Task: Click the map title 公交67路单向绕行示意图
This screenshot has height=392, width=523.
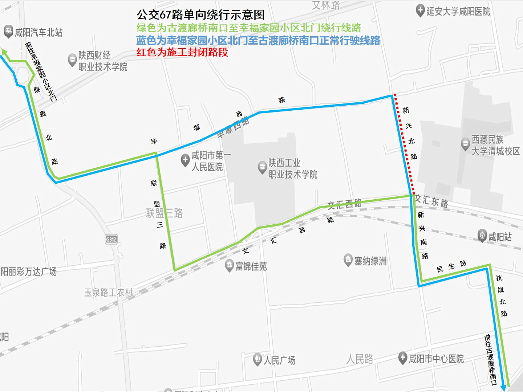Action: [200, 15]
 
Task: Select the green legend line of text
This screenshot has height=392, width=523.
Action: [249, 28]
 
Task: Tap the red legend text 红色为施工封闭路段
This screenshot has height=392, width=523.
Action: [182, 52]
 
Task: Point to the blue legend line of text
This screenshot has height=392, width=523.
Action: [258, 40]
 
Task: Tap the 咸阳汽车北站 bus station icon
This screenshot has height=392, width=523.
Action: [8, 32]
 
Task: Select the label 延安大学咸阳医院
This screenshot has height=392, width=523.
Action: [458, 12]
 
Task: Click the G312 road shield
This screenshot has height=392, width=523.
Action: [111, 239]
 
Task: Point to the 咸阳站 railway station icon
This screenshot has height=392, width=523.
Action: [482, 236]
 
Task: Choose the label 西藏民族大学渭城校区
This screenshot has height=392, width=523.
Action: [495, 145]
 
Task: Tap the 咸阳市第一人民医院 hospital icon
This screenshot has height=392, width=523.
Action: [185, 160]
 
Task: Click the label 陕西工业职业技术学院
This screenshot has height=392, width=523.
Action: [293, 168]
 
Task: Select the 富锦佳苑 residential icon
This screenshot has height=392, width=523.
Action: [229, 265]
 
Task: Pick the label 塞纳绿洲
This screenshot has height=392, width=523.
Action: [370, 261]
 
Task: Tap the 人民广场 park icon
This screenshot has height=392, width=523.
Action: [258, 359]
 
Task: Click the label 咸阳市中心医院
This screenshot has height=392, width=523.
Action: [436, 359]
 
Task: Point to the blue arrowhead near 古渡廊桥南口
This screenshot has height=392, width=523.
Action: [504, 388]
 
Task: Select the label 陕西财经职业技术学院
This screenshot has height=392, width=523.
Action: [103, 61]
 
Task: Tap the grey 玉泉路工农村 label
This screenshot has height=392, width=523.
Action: [109, 293]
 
